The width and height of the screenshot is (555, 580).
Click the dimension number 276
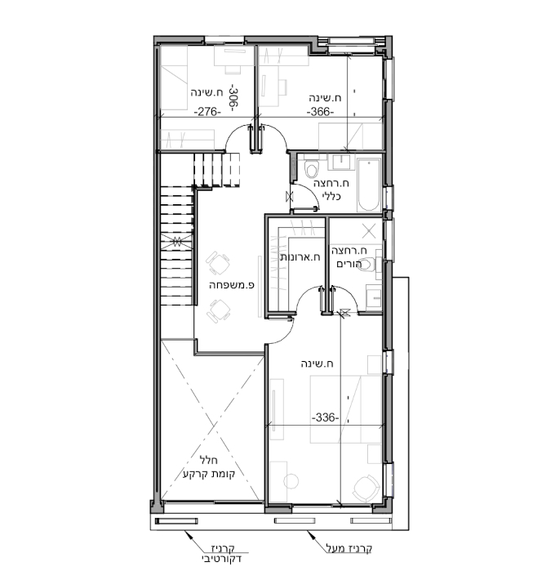tap(207, 111)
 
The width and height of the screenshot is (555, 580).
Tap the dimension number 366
tap(321, 111)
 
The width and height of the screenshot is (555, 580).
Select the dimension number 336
tap(326, 417)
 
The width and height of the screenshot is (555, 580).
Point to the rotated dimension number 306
tap(233, 98)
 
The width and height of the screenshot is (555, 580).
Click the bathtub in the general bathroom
tap(369, 185)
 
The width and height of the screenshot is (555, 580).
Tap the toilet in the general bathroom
tap(311, 169)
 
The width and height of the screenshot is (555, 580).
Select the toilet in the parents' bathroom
tap(367, 265)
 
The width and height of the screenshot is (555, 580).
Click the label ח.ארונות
tap(300, 257)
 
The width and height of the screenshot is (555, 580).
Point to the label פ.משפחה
tap(232, 285)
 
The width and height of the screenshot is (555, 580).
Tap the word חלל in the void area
tap(209, 460)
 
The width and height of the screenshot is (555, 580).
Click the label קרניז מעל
tap(349, 548)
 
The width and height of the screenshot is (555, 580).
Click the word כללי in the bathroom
tap(331, 196)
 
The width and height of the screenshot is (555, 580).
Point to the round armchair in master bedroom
tap(366, 489)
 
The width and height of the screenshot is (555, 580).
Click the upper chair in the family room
tap(218, 263)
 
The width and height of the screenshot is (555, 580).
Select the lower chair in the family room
tap(219, 311)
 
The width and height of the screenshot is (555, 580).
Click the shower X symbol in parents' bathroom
tap(369, 231)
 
